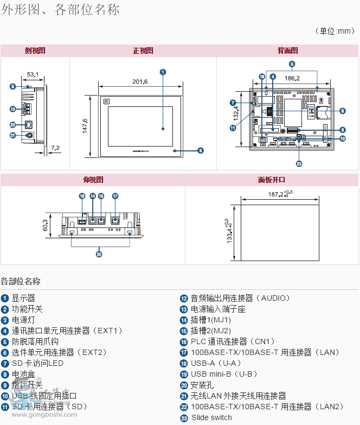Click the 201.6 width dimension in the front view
pos(140,81)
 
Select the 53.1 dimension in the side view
pos(33,74)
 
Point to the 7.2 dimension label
pos(55,148)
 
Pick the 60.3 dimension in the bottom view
pos(46,225)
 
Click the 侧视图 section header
pos(35,50)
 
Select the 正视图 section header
pos(143,50)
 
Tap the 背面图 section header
pos(287,50)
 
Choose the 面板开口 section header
pos(272,180)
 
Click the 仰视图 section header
pos(93,180)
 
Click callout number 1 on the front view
pos(163,72)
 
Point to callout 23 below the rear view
pos(299,163)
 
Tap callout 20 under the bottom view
pos(99,253)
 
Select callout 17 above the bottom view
pos(115,196)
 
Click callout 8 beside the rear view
pos(343,111)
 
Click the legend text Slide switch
pos(211,417)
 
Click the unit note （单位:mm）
pos(336,31)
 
